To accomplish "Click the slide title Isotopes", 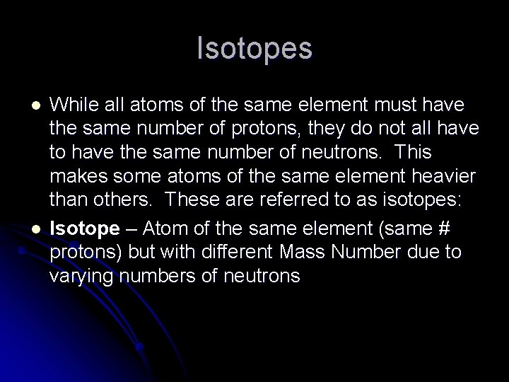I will (x=255, y=49).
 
